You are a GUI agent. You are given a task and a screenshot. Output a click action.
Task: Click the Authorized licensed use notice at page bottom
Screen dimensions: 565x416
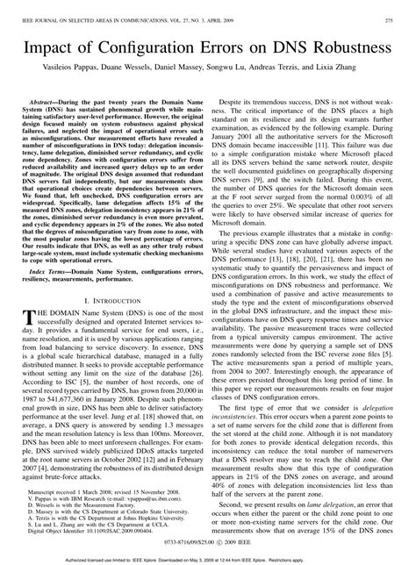click(208, 559)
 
